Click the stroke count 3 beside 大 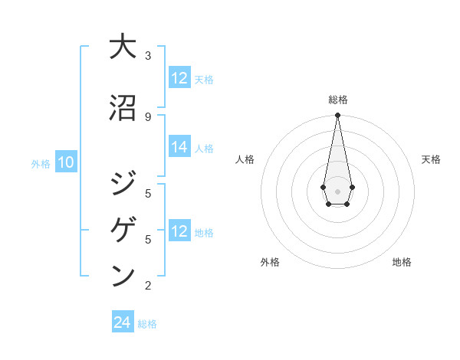[148, 56]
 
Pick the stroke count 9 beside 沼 [148, 116]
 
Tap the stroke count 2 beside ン [148, 286]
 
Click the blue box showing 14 [179, 148]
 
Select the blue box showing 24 [123, 322]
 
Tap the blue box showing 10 [65, 162]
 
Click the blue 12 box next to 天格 [179, 78]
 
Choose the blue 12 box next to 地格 [179, 232]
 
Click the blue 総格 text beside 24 [147, 324]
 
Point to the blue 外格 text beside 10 [41, 163]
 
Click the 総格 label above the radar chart [337, 100]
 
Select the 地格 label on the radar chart [402, 262]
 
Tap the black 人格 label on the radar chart [245, 159]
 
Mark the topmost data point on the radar [337, 116]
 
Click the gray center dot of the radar [337, 190]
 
